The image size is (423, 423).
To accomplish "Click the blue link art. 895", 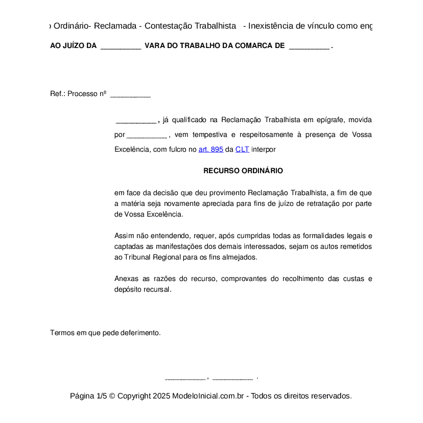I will [x=210, y=150].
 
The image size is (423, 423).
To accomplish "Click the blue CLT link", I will [x=242, y=150].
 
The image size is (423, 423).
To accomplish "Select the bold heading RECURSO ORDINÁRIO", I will [x=243, y=171].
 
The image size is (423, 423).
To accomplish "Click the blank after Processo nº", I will [x=130, y=95].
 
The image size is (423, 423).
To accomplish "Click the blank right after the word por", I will [x=147, y=135].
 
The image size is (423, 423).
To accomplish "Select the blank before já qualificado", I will [x=136, y=121].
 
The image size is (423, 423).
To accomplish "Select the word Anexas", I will [x=126, y=279].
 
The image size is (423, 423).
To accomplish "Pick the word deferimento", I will [x=140, y=333].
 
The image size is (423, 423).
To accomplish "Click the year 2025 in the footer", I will [x=161, y=396].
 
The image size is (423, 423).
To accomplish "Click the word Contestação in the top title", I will [x=191, y=26].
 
